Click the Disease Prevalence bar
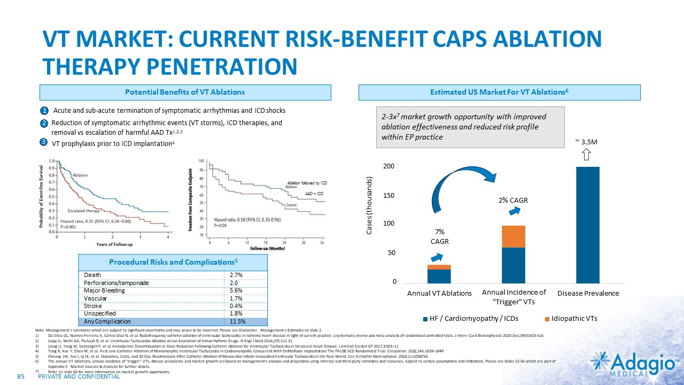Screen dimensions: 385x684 588,225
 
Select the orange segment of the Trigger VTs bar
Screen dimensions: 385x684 513,236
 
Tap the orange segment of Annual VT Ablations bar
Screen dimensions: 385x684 439,267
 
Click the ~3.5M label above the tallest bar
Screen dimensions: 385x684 586,142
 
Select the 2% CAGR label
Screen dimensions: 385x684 513,201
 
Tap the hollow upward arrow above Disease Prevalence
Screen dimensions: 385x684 586,155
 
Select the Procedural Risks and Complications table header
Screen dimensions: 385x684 173,262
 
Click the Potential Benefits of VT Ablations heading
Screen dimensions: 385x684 184,92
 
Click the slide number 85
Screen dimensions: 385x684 22,377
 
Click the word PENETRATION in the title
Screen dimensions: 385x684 224,66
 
